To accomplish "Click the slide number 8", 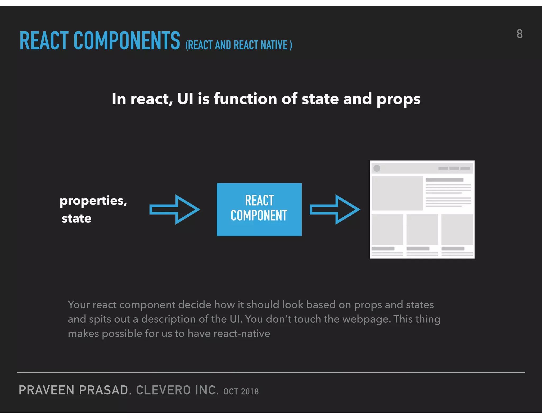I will point(520,34).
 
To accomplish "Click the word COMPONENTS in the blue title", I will point(127,41).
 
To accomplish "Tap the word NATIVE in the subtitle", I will point(274,45).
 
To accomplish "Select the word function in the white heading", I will point(245,99).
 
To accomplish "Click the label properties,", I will point(93,201).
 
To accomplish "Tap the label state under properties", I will point(76,219).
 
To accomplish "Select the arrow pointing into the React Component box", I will point(175,209).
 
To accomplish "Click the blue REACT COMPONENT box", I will point(259,209).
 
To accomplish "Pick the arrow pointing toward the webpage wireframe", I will point(335,209).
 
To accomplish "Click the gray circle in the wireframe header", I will point(377,168).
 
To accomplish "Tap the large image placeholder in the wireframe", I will point(397,193).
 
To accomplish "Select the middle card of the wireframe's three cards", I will point(422,229).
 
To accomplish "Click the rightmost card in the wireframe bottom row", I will point(457,229).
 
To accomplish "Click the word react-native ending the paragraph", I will point(242,334).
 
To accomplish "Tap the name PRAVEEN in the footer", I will point(47,390).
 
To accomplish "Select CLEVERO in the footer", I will point(163,390).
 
